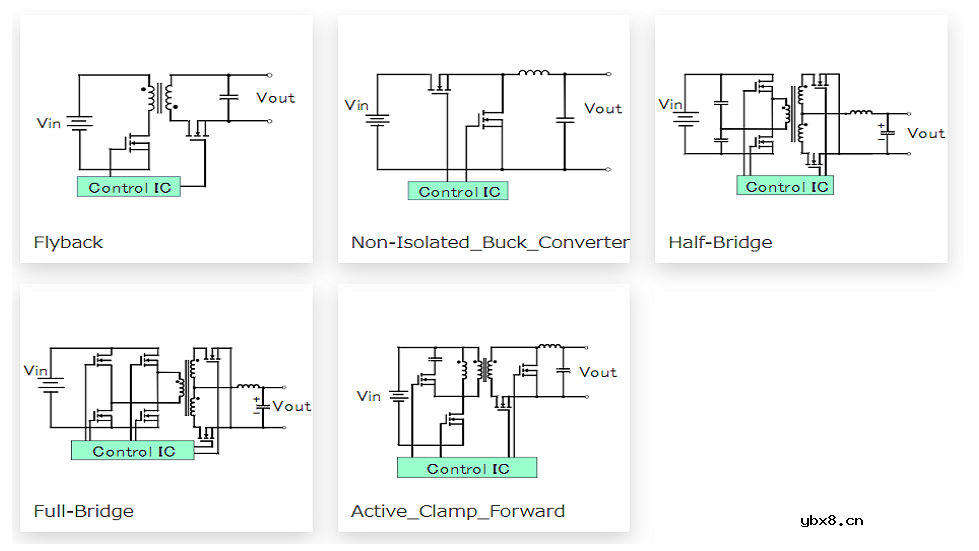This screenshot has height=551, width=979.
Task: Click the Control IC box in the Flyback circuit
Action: coord(129,187)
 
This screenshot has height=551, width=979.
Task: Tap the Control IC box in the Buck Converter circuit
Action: coord(458,191)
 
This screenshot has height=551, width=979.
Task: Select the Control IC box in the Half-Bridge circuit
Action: coord(786,186)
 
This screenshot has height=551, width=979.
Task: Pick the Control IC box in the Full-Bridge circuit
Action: coord(133,451)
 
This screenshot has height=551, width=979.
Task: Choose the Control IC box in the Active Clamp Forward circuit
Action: coord(467,468)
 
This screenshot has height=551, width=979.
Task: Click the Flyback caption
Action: coord(68,242)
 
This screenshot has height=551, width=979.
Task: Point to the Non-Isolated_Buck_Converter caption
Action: coord(490,242)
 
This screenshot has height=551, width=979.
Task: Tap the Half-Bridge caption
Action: coord(720,242)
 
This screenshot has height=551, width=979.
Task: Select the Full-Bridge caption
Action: coord(83,511)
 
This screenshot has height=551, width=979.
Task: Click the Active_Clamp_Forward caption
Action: coord(458,511)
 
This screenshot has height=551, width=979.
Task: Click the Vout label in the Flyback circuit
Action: coord(276,97)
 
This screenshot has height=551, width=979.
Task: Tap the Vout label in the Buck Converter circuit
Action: coord(603,108)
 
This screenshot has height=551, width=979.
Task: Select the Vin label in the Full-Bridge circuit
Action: coord(37,370)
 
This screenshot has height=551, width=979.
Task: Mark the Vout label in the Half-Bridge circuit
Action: coord(926,133)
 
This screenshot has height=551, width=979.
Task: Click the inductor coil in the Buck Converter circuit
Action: coord(534,72)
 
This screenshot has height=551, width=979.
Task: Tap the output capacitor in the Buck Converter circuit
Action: coord(565,120)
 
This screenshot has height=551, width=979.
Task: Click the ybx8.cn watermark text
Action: coord(832,520)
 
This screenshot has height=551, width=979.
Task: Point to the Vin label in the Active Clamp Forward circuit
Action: coord(369,396)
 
